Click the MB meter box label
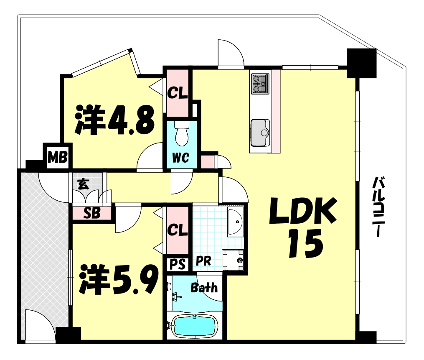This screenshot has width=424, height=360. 57,157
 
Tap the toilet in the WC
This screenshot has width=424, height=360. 182,133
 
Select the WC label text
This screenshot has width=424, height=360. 180,158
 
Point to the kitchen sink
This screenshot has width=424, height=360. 260,133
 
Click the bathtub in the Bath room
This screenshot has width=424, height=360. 195,326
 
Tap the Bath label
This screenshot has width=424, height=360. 204,288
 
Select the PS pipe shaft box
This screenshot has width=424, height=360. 178,264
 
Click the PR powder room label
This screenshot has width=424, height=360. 203,262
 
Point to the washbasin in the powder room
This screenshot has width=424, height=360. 235,222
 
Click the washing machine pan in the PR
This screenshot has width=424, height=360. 233,260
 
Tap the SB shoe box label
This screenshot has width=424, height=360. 92,213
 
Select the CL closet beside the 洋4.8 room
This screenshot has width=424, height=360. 178,93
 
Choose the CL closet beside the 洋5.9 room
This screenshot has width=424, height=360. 178,230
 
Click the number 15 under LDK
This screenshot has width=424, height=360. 305,243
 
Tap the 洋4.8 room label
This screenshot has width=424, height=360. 115,120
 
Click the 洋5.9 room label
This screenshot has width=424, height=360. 119,280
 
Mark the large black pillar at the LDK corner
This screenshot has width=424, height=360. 361,63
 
